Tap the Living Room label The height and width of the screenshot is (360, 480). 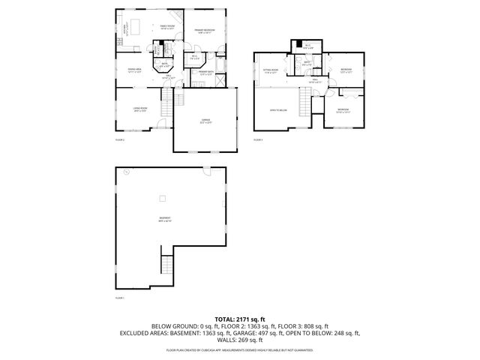point(139,109)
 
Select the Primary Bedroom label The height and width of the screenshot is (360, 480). point(205,31)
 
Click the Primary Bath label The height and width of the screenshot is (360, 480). point(206,73)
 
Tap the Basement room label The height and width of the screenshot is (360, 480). point(165,220)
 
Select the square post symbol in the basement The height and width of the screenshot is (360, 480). point(162,198)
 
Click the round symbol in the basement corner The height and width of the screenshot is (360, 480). point(127,172)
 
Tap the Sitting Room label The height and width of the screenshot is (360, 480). point(271,72)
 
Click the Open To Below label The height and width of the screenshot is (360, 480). point(278,110)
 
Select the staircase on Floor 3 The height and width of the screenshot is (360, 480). point(304,101)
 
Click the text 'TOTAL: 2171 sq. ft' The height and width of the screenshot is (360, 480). point(240,319)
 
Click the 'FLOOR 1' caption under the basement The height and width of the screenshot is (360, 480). point(119,298)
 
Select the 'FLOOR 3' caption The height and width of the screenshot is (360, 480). point(258,139)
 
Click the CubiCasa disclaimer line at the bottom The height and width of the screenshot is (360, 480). point(240,349)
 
